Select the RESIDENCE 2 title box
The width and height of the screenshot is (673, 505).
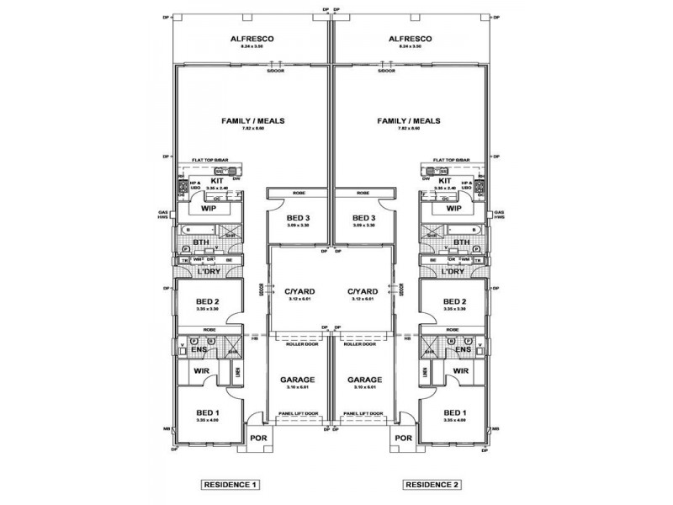pyautogui.click(x=432, y=485)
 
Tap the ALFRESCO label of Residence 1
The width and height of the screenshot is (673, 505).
pyautogui.click(x=252, y=39)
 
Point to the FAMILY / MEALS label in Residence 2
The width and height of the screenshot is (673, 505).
pyautogui.click(x=409, y=121)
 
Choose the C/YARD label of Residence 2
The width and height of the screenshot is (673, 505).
pyautogui.click(x=363, y=292)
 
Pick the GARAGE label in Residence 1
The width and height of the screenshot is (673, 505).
pyautogui.click(x=298, y=379)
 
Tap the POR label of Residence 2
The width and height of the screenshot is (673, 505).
pyautogui.click(x=403, y=438)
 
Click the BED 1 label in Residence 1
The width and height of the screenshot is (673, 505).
pyautogui.click(x=207, y=412)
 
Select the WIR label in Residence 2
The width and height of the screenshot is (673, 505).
pyautogui.click(x=460, y=370)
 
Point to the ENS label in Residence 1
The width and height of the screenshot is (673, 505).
pyautogui.click(x=199, y=349)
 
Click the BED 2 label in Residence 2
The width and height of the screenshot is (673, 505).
pyautogui.click(x=454, y=301)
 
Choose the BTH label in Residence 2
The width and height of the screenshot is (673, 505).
pyautogui.click(x=462, y=243)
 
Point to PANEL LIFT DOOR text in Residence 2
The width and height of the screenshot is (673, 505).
pyautogui.click(x=363, y=414)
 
